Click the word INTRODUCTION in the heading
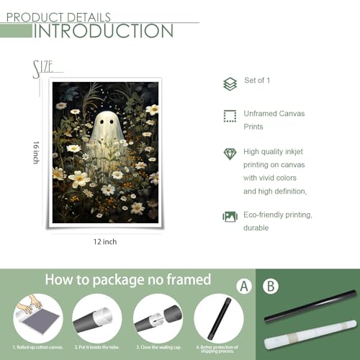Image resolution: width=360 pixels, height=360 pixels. (104, 30)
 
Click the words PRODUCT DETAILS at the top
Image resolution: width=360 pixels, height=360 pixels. (58, 16)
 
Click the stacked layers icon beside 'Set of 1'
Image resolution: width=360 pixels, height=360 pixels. (230, 84)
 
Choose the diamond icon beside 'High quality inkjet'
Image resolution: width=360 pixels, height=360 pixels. (230, 153)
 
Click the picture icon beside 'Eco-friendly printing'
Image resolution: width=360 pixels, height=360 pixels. (230, 216)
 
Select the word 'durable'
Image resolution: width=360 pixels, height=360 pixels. (256, 228)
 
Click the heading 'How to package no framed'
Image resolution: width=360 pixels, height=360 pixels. (127, 279)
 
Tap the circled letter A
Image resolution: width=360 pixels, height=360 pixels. (245, 286)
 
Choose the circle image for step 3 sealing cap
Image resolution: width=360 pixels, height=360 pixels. (156, 318)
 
